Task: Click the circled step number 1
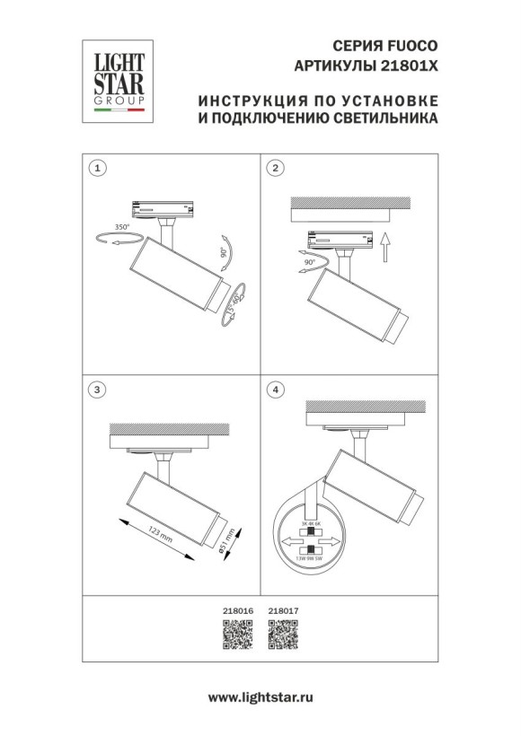[x=99, y=168]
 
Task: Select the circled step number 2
[x=277, y=168]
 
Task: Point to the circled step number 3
[x=99, y=390]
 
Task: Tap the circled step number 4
[x=277, y=390]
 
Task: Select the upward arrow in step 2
[x=383, y=245]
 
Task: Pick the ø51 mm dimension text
[x=229, y=539]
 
